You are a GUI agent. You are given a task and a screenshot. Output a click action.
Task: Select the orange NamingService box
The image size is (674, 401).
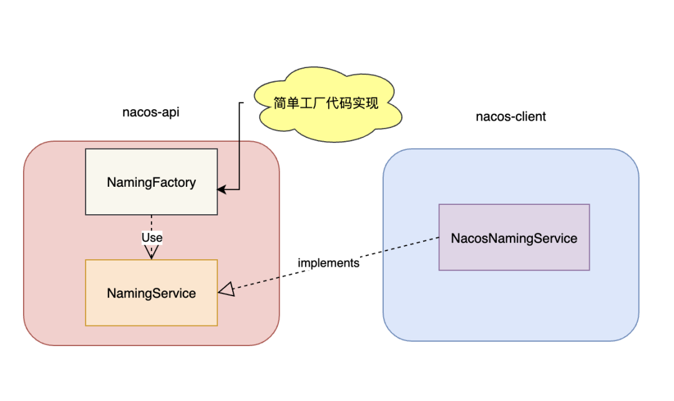pos(151,309)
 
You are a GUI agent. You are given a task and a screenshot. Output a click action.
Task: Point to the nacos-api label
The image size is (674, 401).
pos(151,112)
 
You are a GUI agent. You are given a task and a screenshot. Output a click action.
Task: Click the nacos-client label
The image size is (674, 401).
pos(510,117)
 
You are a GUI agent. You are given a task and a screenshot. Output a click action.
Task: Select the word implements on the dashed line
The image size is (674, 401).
pos(328,263)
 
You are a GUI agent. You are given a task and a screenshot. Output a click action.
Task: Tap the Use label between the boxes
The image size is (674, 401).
pos(152,237)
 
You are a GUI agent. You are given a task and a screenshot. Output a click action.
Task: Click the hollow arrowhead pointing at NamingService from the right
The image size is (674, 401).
pos(226,289)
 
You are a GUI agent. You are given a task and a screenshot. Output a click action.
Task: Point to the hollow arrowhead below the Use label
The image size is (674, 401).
pos(152,252)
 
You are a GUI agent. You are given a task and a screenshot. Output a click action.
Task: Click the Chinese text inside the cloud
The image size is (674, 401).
pos(326,103)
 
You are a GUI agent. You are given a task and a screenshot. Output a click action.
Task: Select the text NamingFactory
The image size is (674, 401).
pos(151,183)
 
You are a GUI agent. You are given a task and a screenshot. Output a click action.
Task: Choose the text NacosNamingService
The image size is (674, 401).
pos(514,238)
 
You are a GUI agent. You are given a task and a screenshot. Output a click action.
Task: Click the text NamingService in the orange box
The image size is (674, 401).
pos(151,293)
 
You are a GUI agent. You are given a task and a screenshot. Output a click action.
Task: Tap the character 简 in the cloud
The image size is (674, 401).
pos(281,103)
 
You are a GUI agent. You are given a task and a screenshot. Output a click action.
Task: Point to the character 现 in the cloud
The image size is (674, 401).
pos(371,103)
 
